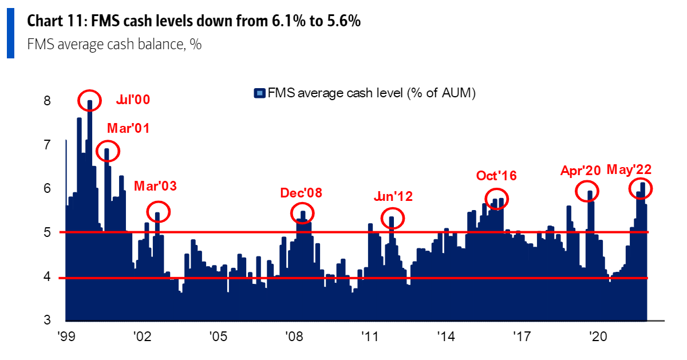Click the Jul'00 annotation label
132,100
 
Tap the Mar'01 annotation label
128,129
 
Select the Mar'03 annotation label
155,187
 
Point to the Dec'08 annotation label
301,193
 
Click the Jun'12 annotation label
392,197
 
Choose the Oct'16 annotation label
496,176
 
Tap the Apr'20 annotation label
580,171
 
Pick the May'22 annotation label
629,170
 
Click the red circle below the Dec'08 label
303,213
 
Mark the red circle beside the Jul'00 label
89,101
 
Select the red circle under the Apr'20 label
587,191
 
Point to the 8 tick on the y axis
48,101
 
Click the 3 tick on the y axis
48,320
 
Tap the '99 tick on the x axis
67,337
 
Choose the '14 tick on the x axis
445,337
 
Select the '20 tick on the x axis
597,337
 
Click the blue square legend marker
259,93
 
